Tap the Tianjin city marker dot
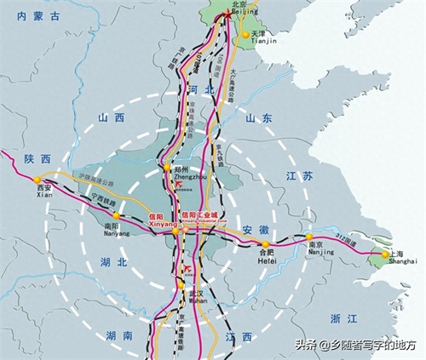point(245,35)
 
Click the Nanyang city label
point(114,226)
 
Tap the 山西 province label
point(112,119)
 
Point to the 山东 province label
point(259,120)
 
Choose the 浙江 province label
point(343,317)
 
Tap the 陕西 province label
point(38,158)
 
